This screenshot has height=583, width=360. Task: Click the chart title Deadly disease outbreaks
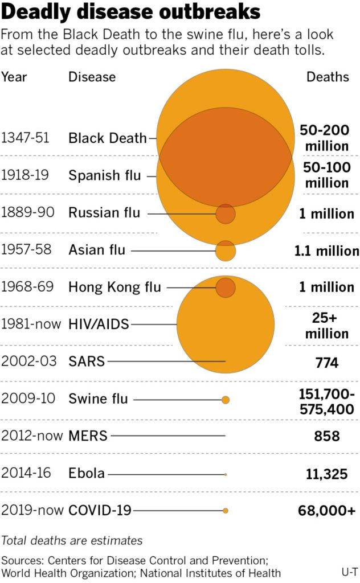tap(131, 13)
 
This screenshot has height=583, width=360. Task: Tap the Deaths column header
tap(328, 77)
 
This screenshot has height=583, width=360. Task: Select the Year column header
tap(14, 77)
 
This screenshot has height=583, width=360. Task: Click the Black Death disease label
tap(108, 138)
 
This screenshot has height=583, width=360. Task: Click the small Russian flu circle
tap(226, 214)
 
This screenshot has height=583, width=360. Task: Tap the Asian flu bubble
tap(226, 251)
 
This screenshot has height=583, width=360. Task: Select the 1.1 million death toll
tap(326, 251)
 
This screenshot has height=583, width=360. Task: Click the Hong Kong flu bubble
tap(226, 288)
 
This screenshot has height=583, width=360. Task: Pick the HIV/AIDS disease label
tap(99, 325)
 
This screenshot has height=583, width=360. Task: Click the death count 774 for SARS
tap(327, 362)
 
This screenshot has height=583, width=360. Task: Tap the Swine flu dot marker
tap(226, 400)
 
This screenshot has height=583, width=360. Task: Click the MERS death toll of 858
tap(327, 437)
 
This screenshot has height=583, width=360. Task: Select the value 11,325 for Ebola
tap(326, 474)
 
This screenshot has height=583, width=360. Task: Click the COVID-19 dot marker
tap(226, 511)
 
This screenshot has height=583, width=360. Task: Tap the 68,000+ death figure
tap(326, 511)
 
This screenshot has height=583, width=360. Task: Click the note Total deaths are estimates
tap(72, 540)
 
